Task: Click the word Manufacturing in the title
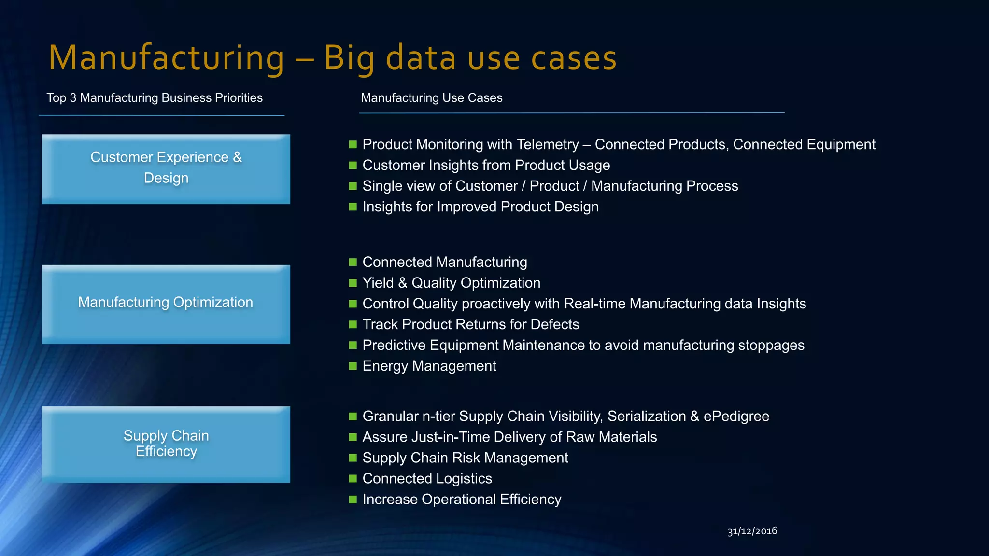[167, 58]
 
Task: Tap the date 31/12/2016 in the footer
[752, 531]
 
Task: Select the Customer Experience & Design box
[166, 169]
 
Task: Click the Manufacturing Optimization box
[166, 304]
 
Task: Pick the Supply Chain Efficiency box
[166, 444]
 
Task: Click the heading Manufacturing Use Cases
[431, 98]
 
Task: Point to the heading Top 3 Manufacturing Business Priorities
[155, 98]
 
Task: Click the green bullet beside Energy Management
[353, 366]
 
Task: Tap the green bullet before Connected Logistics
[353, 478]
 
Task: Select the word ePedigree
[736, 416]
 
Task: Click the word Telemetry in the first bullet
[548, 144]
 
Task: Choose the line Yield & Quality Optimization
[451, 283]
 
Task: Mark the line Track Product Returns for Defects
[470, 324]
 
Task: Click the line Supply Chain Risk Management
[465, 458]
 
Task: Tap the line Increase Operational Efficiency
[462, 499]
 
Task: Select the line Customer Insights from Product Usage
[486, 165]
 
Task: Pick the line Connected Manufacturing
[444, 262]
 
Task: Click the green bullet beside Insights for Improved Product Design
[353, 207]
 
